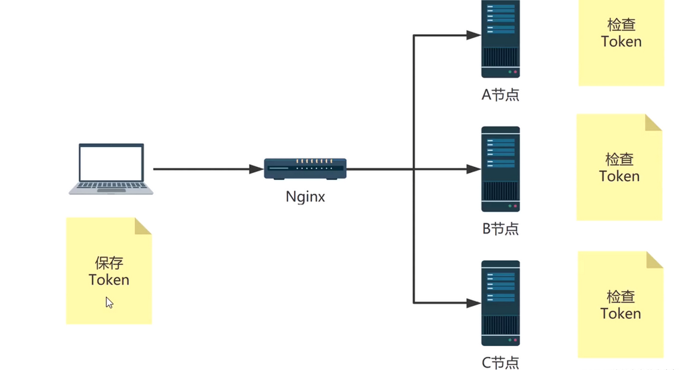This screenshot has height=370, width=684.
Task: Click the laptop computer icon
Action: [x=111, y=169]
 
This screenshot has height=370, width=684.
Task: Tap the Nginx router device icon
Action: [x=305, y=169]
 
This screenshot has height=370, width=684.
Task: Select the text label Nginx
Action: [x=305, y=197]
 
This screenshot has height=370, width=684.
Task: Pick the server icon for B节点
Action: [x=500, y=169]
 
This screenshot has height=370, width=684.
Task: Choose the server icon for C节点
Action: [x=500, y=303]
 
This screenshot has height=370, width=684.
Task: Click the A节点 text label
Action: [x=500, y=94]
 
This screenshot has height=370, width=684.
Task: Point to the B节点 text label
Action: [x=500, y=228]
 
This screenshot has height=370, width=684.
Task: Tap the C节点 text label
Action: [x=500, y=362]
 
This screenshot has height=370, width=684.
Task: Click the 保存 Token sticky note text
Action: [x=109, y=272]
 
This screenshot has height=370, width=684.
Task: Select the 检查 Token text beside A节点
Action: [x=621, y=34]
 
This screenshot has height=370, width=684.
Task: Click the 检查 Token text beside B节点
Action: [x=619, y=168]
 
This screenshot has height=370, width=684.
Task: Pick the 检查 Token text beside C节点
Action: [x=620, y=305]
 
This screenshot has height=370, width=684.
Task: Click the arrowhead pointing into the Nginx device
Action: [x=257, y=169]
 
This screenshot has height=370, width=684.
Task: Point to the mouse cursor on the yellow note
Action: [x=109, y=302]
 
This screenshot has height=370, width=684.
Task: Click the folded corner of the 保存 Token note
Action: [x=143, y=226]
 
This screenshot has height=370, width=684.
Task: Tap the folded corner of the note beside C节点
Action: [x=655, y=259]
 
